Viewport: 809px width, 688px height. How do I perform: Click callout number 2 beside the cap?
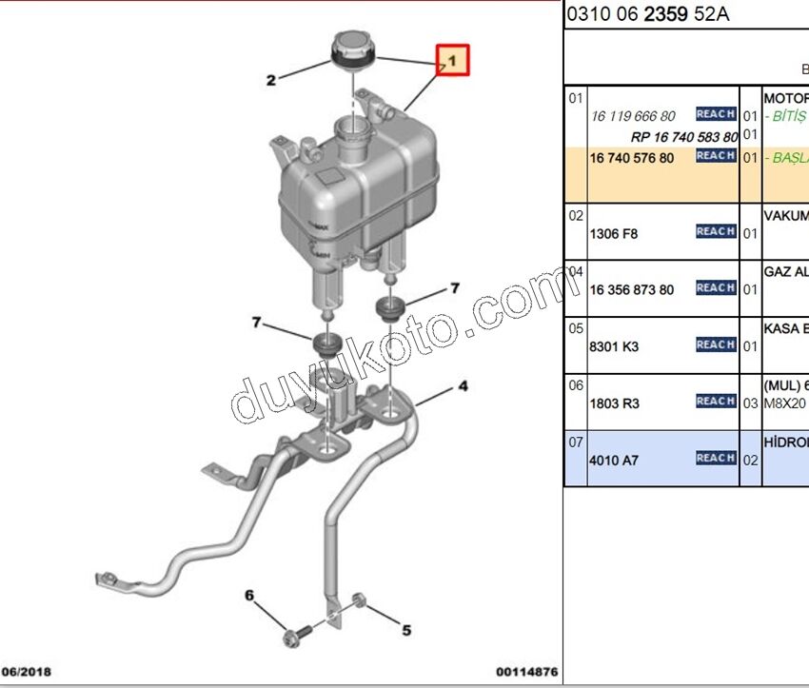click(x=270, y=81)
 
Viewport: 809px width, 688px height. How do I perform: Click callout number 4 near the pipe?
click(x=463, y=386)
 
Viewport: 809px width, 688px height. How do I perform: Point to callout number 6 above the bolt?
click(x=249, y=596)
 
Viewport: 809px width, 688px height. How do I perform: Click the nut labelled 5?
click(x=360, y=600)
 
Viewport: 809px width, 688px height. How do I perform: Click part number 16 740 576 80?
click(x=632, y=158)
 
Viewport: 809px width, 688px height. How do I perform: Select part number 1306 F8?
click(x=614, y=233)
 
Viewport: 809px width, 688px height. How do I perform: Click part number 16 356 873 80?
click(x=632, y=290)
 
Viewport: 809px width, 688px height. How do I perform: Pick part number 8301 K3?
click(x=615, y=347)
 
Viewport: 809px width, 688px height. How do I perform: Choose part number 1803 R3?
click(x=615, y=403)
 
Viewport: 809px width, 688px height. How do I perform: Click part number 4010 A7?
click(x=615, y=461)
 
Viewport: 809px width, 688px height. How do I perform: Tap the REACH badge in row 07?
click(x=715, y=458)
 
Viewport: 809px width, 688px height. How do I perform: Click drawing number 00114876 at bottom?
click(x=526, y=671)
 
